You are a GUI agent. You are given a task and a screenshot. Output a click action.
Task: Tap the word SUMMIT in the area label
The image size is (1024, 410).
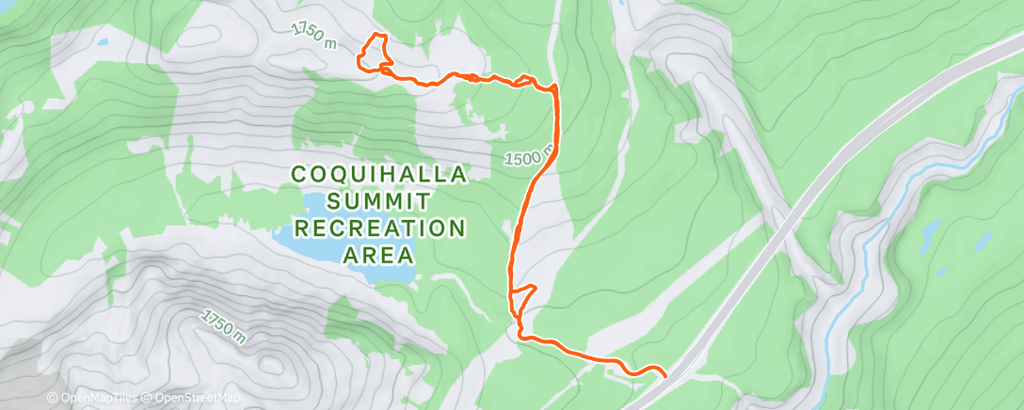378,201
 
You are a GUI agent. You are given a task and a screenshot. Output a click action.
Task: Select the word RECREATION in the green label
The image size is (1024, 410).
379,228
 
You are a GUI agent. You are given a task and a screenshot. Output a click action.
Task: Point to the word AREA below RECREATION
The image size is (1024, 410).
379,254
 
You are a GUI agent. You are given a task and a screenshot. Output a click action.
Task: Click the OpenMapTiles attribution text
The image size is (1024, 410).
91,398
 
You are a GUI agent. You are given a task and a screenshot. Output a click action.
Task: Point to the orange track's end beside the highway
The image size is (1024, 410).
665,376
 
